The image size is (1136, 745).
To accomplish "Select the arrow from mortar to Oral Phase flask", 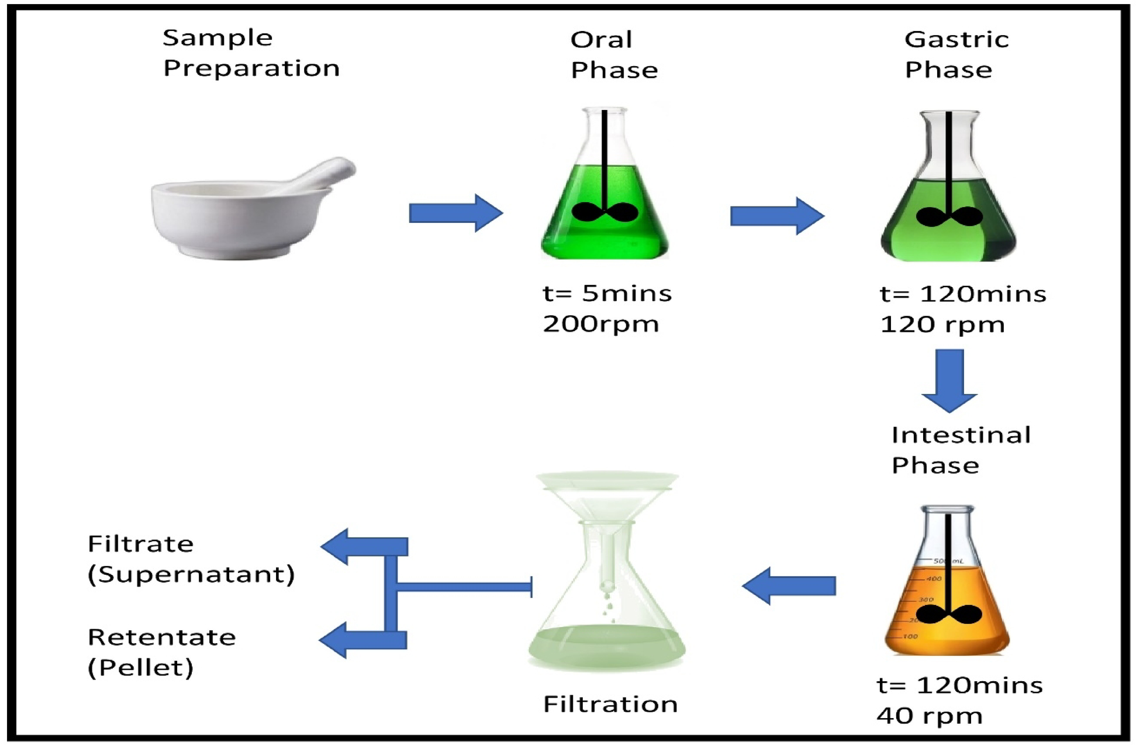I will [455, 213].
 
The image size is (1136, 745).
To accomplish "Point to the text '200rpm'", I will [600, 324].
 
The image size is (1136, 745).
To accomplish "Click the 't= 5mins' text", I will [607, 294].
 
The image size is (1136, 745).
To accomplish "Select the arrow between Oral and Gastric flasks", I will [776, 216].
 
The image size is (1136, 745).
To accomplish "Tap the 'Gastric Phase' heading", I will [956, 54].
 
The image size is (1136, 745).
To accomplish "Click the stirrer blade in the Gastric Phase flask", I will [949, 217].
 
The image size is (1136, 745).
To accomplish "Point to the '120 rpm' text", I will [942, 325].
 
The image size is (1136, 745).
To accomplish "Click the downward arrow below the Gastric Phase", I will [949, 380].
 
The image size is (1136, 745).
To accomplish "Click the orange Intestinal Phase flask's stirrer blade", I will [948, 615].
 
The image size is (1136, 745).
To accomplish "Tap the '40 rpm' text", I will [929, 716].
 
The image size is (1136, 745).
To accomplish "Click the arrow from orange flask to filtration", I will [789, 586].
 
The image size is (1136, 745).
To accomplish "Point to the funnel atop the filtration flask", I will [607, 497].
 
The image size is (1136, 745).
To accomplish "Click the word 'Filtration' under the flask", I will [610, 704].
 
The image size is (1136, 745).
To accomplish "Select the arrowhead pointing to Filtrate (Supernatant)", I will [336, 546].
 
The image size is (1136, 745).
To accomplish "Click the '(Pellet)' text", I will [140, 668].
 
